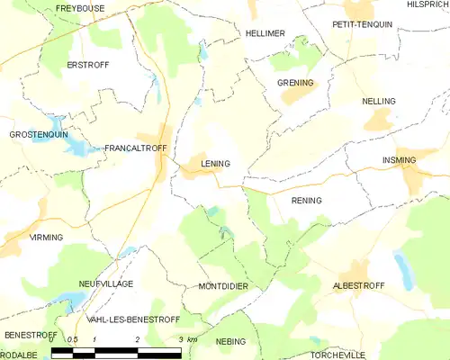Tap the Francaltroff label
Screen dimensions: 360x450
pos(132,148)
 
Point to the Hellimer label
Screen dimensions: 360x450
pos(265,33)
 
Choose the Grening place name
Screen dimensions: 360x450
pos(295,83)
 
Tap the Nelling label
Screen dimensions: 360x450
pos(378,102)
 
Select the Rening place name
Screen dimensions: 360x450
pos(306,200)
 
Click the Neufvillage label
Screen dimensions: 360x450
pos(105,283)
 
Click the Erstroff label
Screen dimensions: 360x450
pos(86,66)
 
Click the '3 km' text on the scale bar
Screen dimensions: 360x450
pos(187,339)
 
